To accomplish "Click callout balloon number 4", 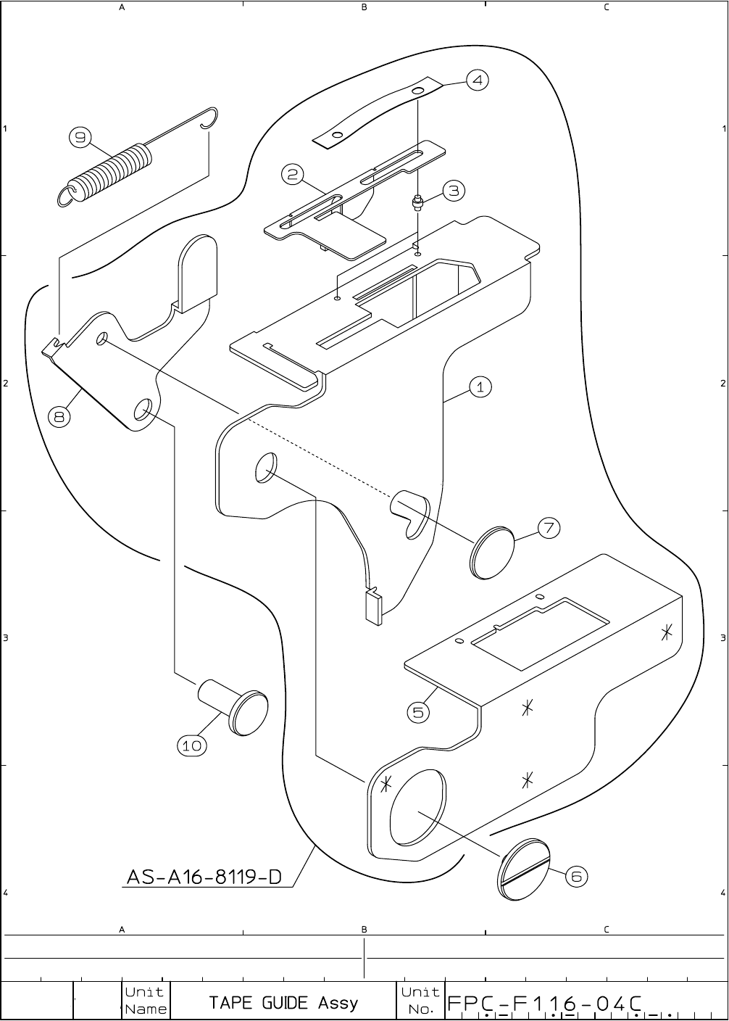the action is (x=477, y=80).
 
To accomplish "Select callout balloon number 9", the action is (x=80, y=137).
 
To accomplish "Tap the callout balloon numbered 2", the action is (x=293, y=174).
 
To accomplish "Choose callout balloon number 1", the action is (x=480, y=387).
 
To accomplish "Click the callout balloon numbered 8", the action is (x=60, y=416).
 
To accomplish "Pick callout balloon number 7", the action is (x=549, y=528).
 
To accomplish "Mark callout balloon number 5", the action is (x=419, y=712).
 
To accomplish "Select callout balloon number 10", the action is (x=192, y=745).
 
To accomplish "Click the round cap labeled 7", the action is (x=492, y=554).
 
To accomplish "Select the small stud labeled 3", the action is (x=417, y=201).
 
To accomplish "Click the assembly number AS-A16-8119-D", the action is (x=204, y=877).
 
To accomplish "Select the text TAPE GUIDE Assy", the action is (x=283, y=1003).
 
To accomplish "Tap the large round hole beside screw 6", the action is (x=418, y=807).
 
